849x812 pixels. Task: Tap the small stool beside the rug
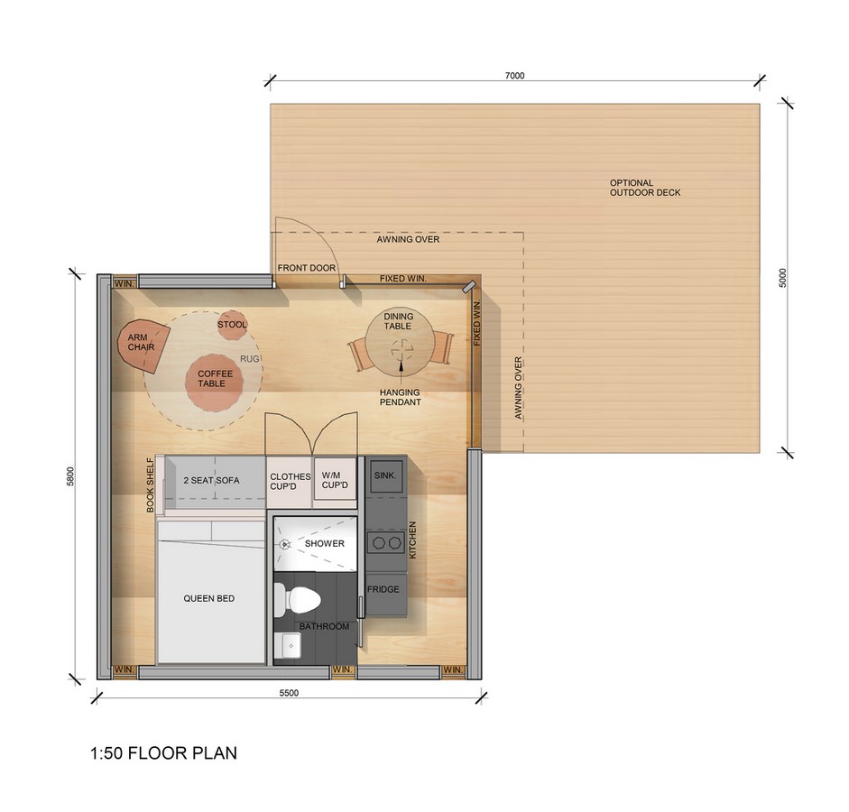click(x=233, y=326)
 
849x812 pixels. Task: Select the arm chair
click(x=143, y=346)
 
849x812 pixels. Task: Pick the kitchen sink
click(x=385, y=476)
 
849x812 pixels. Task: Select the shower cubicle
click(x=316, y=543)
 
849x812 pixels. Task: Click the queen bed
click(x=210, y=591)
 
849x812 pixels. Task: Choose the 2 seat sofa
click(x=215, y=481)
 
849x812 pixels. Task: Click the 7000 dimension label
click(x=515, y=76)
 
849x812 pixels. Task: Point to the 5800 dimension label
click(x=70, y=476)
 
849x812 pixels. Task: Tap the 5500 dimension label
click(x=289, y=693)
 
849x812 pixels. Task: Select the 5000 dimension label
click(x=782, y=278)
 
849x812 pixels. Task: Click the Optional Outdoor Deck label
click(x=645, y=188)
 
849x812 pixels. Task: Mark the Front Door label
click(x=307, y=268)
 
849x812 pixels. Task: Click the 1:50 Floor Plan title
click(x=163, y=753)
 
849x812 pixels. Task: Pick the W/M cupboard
click(x=335, y=481)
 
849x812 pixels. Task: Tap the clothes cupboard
click(x=290, y=481)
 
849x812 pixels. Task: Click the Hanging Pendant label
click(x=400, y=397)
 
